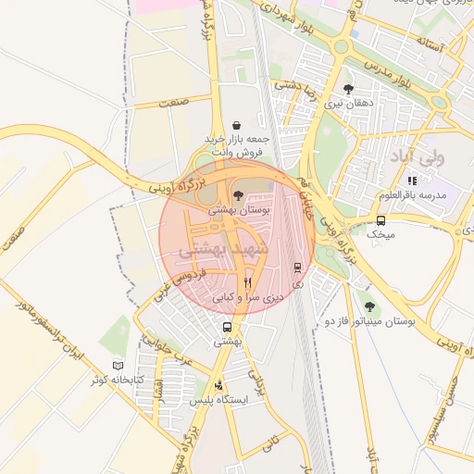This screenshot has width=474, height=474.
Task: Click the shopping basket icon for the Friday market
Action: (x=237, y=125)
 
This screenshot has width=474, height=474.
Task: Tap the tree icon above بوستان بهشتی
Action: (x=239, y=194)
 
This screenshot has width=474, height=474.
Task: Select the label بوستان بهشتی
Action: (x=239, y=210)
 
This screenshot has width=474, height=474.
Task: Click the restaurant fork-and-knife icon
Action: (x=247, y=282)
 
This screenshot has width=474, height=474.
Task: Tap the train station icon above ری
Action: (x=297, y=268)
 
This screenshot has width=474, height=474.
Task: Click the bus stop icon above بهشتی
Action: (x=227, y=327)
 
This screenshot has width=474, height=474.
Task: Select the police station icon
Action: (x=218, y=385)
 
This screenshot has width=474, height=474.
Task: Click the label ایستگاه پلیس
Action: (x=218, y=400)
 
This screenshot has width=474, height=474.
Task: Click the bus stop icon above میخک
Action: (x=380, y=220)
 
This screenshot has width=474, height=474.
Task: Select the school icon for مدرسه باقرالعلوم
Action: (x=412, y=181)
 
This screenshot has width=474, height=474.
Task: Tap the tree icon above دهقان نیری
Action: (x=347, y=89)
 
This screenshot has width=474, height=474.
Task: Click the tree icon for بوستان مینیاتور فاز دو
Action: (x=369, y=306)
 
